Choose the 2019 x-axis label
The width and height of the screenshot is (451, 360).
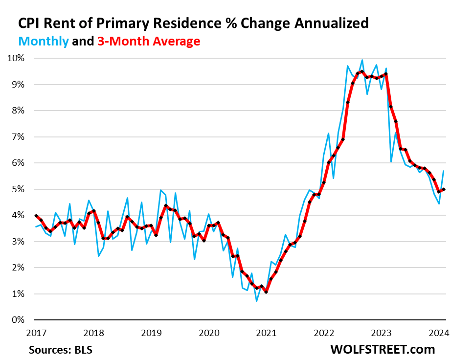click(x=151, y=333)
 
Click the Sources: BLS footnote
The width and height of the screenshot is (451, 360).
click(x=60, y=350)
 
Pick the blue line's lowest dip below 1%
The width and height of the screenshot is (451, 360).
click(x=257, y=301)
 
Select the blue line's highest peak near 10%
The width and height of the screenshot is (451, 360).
click(x=362, y=60)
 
